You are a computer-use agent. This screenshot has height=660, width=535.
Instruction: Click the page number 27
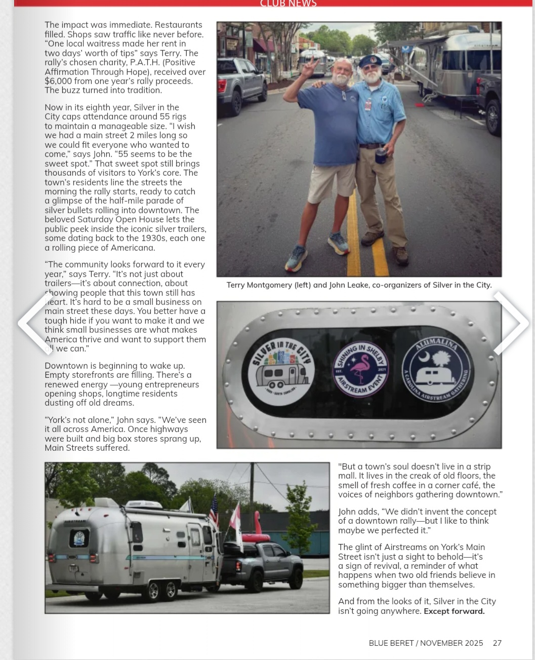click(x=497, y=643)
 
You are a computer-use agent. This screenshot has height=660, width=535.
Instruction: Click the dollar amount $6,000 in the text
click(x=60, y=81)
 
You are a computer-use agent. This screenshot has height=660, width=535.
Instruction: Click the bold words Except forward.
click(x=454, y=611)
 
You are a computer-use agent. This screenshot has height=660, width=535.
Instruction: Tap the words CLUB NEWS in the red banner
click(x=288, y=4)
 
